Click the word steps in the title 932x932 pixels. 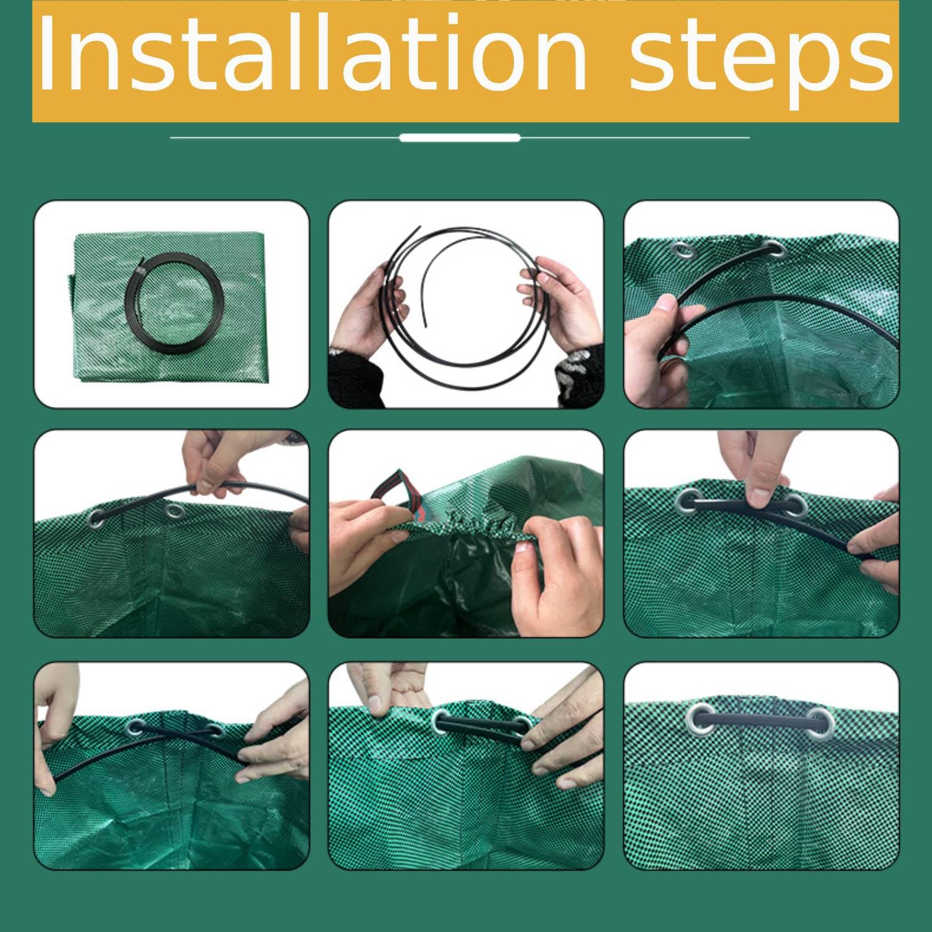coord(761,59)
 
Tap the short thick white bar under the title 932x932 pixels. coord(459,137)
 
